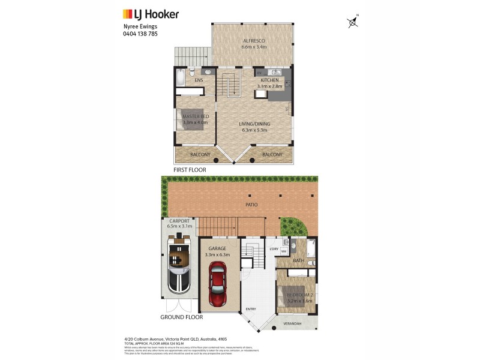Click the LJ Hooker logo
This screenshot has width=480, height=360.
coord(151,14)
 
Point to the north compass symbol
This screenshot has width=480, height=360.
coord(353,22)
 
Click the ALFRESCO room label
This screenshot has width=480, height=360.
coord(254,41)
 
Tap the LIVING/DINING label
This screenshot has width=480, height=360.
coord(256,124)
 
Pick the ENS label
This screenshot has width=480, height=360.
coord(199,80)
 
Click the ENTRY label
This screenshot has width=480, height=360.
coord(250,310)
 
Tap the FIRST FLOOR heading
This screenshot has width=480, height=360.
coord(190,170)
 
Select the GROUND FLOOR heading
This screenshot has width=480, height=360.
coord(181,317)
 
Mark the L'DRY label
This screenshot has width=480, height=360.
coord(274,249)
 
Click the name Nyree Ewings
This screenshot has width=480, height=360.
coord(136,26)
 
